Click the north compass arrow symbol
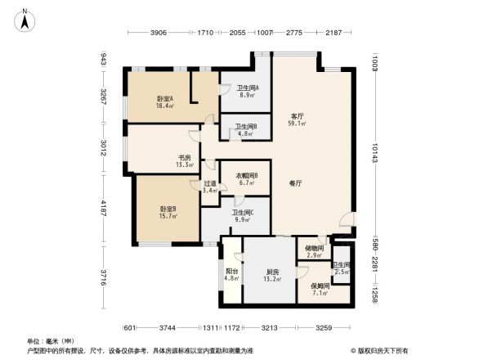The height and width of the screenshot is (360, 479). click(25, 20)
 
